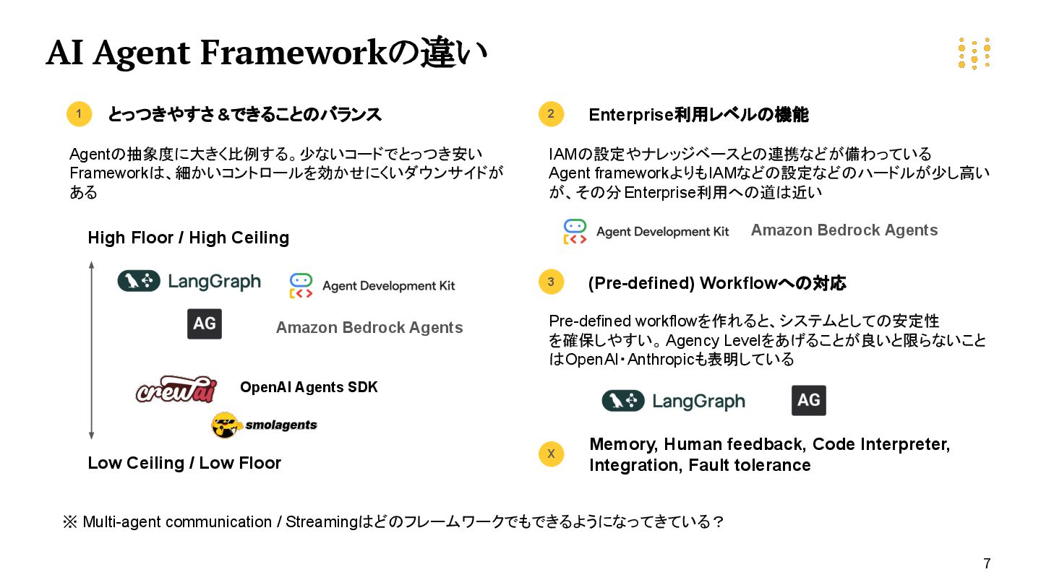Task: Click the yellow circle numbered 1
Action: point(80,114)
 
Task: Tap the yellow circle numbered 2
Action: point(551,114)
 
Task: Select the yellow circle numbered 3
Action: point(551,282)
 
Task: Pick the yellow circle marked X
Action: point(551,454)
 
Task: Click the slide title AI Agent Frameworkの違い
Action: point(266,53)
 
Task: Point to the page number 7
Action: point(987,563)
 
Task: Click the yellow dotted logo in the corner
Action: point(974,53)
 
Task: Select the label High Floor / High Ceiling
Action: point(188,238)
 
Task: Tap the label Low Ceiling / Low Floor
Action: point(184,463)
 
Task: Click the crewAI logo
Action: point(176,389)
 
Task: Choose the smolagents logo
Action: point(264,425)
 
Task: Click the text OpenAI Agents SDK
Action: point(309,387)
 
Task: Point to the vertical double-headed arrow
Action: point(91,350)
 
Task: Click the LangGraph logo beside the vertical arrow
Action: point(189,281)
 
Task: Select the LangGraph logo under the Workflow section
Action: point(673,401)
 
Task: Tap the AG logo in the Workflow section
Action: point(808,400)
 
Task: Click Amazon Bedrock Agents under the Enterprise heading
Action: point(844,230)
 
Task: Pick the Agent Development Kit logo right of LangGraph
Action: point(372,285)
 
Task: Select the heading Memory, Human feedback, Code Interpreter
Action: point(769,444)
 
